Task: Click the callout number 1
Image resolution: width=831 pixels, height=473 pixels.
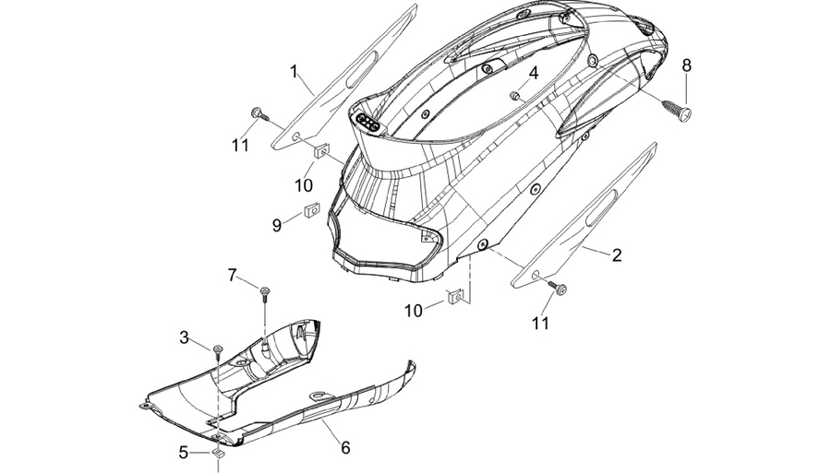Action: click(x=295, y=71)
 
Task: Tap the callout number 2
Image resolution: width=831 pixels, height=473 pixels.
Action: click(x=617, y=255)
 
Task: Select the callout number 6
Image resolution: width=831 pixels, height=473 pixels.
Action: click(x=345, y=448)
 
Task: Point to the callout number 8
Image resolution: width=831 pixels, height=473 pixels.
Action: click(x=686, y=65)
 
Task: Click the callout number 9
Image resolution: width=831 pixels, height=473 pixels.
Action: click(x=276, y=225)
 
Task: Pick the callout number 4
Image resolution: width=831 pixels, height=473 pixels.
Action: click(x=533, y=73)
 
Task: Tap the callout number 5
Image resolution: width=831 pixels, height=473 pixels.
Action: click(x=183, y=453)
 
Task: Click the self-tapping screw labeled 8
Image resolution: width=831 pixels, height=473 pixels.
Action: click(x=676, y=110)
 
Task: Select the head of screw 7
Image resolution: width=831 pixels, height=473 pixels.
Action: click(x=264, y=290)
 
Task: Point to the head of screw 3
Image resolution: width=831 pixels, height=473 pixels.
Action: click(x=217, y=349)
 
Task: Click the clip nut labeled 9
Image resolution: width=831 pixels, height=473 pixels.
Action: click(x=312, y=210)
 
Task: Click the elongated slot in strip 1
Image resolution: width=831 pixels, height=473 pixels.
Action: click(x=361, y=70)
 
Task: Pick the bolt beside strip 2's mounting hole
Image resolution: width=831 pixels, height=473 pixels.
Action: click(x=558, y=288)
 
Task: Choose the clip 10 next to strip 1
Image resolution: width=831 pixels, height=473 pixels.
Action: click(x=321, y=151)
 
